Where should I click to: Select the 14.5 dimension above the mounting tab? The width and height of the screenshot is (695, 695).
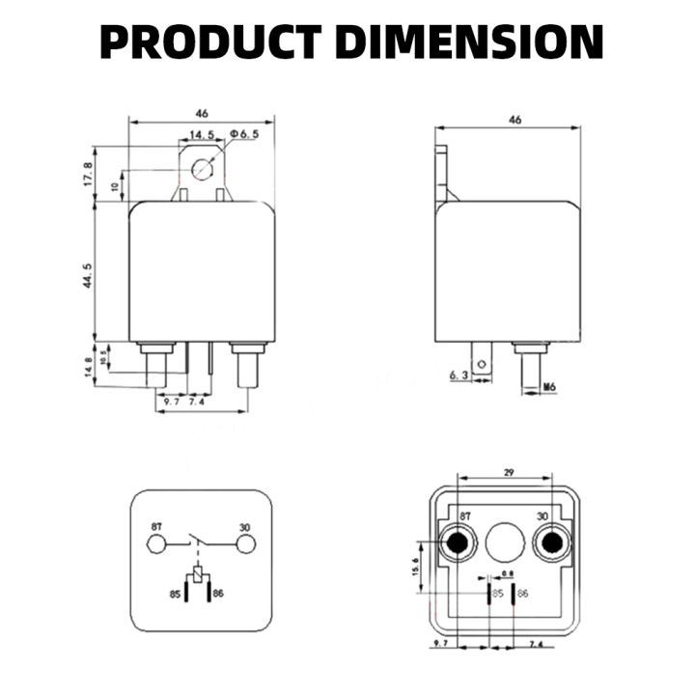tap(202, 135)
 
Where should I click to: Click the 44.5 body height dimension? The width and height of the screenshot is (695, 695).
tap(88, 275)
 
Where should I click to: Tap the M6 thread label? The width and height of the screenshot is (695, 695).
tap(549, 388)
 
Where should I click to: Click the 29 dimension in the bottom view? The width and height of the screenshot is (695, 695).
tap(508, 473)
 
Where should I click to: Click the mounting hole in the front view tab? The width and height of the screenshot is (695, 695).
tap(202, 170)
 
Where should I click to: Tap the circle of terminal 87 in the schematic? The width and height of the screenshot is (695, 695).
tap(156, 544)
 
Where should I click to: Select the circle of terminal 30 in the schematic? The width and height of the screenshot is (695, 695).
tap(247, 544)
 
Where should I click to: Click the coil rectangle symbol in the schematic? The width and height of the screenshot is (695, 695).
tap(200, 576)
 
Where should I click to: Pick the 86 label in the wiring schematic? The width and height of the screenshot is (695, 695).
tap(218, 593)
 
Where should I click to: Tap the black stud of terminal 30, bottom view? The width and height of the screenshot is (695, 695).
tap(552, 544)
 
